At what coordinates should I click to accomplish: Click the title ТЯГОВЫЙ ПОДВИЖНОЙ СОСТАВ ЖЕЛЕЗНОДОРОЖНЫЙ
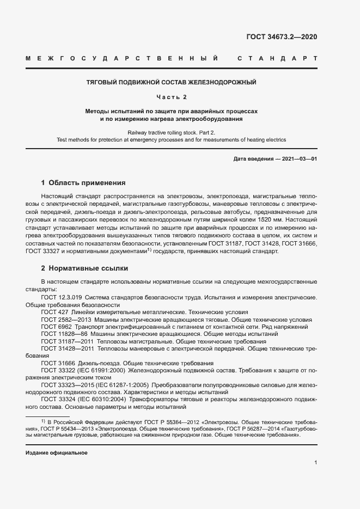point(172,83)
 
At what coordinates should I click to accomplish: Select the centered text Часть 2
point(172,97)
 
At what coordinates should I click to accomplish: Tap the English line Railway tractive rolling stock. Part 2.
point(172,132)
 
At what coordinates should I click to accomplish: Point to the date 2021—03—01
point(299,158)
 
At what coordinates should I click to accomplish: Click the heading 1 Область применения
point(83,182)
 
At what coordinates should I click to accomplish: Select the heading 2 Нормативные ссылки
point(85,268)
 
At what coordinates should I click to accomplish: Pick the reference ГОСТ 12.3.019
point(62,298)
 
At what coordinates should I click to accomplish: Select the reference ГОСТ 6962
point(56,327)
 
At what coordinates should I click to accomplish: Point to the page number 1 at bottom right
point(315,462)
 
